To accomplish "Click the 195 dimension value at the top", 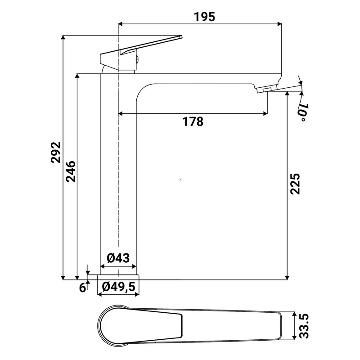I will pyautogui.click(x=205, y=17).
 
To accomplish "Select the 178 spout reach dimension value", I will pyautogui.click(x=193, y=121).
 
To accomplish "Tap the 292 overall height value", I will pyautogui.click(x=55, y=153).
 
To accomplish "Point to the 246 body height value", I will pyautogui.click(x=70, y=171).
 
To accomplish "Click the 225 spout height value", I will pyautogui.click(x=295, y=184).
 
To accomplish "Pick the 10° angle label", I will pyautogui.click(x=303, y=111).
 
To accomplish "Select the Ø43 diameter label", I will pyautogui.click(x=118, y=258).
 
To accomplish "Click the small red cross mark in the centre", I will pyautogui.click(x=180, y=180).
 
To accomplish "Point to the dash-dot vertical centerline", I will pyautogui.click(x=118, y=180).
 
